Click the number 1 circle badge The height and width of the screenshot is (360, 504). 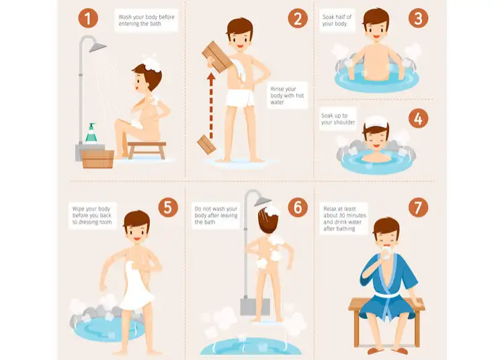pyautogui.click(x=88, y=18)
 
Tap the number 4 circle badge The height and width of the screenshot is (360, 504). pyautogui.click(x=418, y=118)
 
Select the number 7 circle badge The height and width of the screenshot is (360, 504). pyautogui.click(x=418, y=208)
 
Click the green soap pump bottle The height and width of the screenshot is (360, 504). pyautogui.click(x=91, y=133)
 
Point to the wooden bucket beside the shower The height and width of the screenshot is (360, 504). pyautogui.click(x=97, y=159)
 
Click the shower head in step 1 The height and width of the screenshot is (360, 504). pyautogui.click(x=97, y=47)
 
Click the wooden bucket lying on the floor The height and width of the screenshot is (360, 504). pyautogui.click(x=206, y=144)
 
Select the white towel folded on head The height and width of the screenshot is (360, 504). pyautogui.click(x=376, y=122)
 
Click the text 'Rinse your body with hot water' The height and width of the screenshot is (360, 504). pyautogui.click(x=287, y=95)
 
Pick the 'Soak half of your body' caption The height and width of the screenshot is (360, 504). pyautogui.click(x=337, y=20)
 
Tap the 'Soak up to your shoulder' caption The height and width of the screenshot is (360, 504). pyautogui.click(x=338, y=119)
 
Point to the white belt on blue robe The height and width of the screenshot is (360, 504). pyautogui.click(x=387, y=295)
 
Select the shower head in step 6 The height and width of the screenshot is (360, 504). pyautogui.click(x=263, y=201)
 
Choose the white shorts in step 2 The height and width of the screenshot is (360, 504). pyautogui.click(x=240, y=97)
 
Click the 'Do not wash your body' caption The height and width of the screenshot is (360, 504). pyautogui.click(x=216, y=212)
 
